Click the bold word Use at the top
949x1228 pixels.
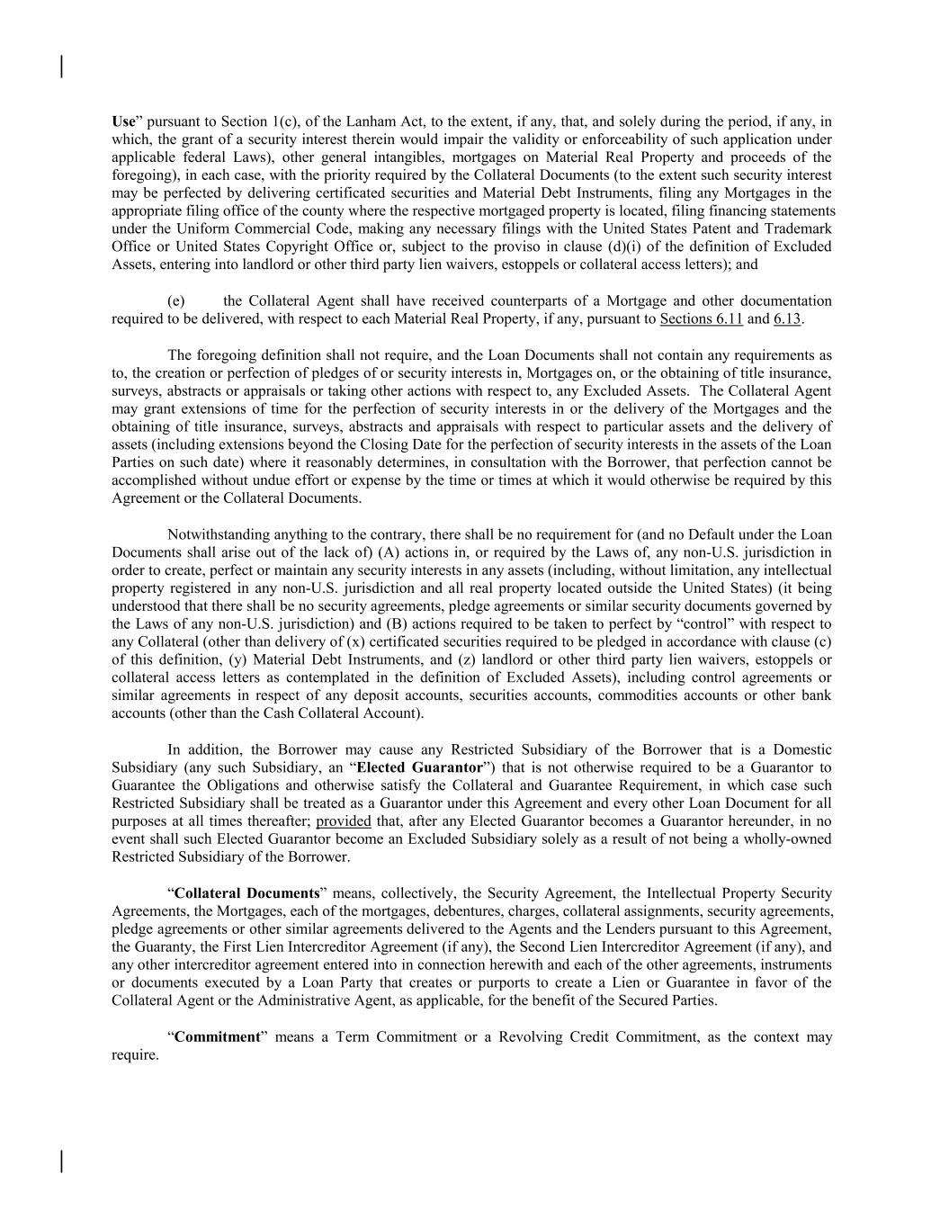[123, 121]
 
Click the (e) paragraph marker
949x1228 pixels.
[176, 300]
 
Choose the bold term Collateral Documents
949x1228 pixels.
[246, 893]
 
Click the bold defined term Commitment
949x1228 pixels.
[217, 1036]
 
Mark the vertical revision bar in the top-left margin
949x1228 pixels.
[61, 67]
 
